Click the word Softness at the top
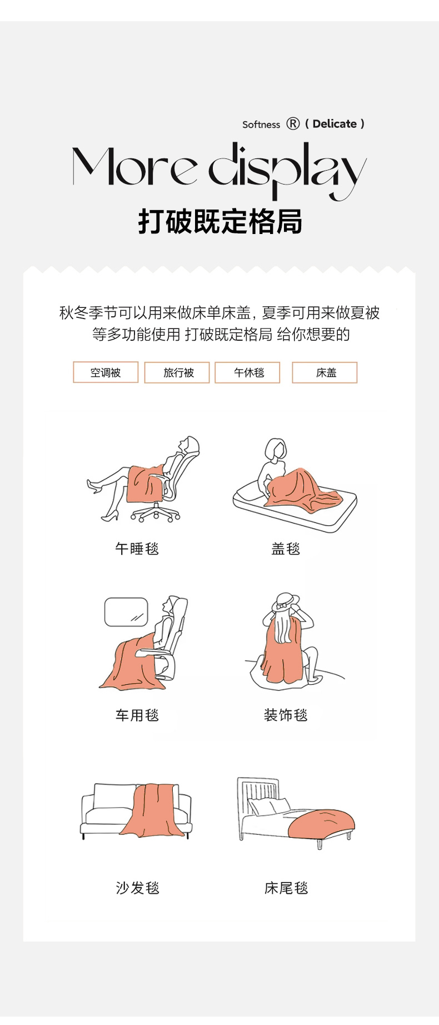pyautogui.click(x=261, y=125)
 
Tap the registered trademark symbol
pyautogui.click(x=293, y=124)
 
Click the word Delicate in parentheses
pyautogui.click(x=335, y=124)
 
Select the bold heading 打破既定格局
pyautogui.click(x=220, y=221)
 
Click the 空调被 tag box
pyautogui.click(x=106, y=372)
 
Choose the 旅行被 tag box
pyautogui.click(x=177, y=372)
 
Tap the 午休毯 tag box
pyautogui.click(x=247, y=372)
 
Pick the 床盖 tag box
pyautogui.click(x=325, y=372)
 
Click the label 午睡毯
pyautogui.click(x=137, y=549)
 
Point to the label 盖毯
pyautogui.click(x=286, y=549)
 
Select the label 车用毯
pyautogui.click(x=137, y=715)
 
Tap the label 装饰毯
pyautogui.click(x=286, y=715)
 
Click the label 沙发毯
pyautogui.click(x=137, y=888)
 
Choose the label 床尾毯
pyautogui.click(x=286, y=888)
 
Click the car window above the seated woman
pyautogui.click(x=126, y=612)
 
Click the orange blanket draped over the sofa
pyautogui.click(x=153, y=810)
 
